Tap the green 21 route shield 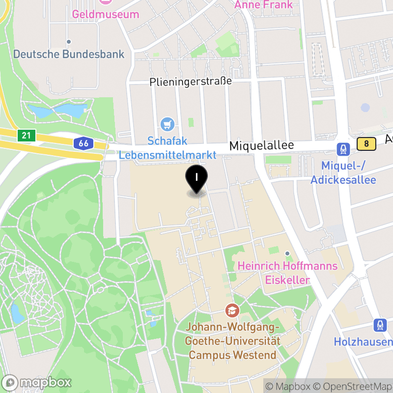click(x=26, y=135)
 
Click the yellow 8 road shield click(x=366, y=144)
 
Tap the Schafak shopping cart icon click(x=168, y=124)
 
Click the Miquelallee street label click(x=262, y=146)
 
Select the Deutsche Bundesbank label click(x=69, y=54)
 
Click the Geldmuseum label click(x=106, y=14)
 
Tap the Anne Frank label click(x=264, y=5)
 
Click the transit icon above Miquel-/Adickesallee click(x=342, y=148)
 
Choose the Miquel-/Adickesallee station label click(x=343, y=173)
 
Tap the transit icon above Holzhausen click(x=379, y=325)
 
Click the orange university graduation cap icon click(x=231, y=310)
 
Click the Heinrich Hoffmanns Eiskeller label click(x=287, y=273)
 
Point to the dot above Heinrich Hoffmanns click(x=287, y=253)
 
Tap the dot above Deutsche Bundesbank click(x=69, y=42)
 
